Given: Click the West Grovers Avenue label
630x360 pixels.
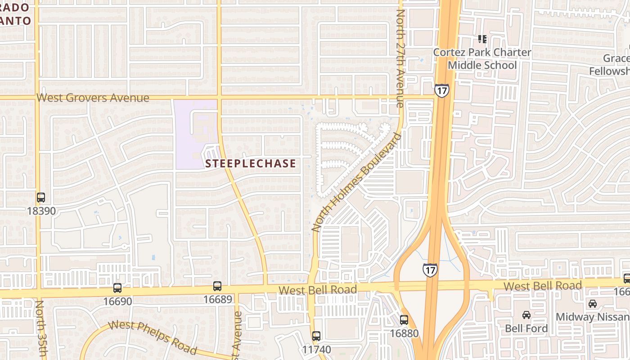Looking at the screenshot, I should tap(93, 98).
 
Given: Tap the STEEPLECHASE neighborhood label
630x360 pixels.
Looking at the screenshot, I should tap(251, 163).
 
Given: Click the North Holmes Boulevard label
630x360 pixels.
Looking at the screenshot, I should tap(356, 182).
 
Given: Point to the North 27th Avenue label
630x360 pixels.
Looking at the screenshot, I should tap(400, 58).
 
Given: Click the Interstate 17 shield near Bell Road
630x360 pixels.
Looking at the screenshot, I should tap(430, 270).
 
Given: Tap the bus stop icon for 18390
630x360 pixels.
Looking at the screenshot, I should tap(41, 197).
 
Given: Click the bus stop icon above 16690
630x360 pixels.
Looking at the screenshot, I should tap(117, 288).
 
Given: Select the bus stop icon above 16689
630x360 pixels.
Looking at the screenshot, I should tap(217, 286).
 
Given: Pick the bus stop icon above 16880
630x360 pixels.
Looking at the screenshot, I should tap(404, 320).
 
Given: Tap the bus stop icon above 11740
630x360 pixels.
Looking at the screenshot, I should tap(316, 336).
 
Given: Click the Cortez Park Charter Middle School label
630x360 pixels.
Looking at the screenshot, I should tap(482, 58).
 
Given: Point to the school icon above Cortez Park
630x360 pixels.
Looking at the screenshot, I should tap(482, 39).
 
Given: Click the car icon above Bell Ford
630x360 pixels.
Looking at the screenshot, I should tap(526, 315).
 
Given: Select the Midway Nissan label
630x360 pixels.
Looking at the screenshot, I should tap(592, 317).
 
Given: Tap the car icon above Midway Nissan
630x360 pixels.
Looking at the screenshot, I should tap(593, 304).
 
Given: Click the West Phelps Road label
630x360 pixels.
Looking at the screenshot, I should tap(153, 337).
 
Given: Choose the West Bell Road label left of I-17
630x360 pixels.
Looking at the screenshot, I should tap(318, 289).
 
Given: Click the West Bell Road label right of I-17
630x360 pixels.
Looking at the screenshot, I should tap(542, 286).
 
